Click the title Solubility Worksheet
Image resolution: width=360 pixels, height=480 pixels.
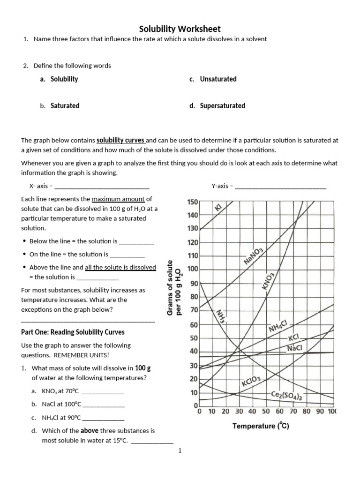click(x=180, y=29)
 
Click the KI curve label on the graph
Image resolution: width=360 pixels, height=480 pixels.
click(x=218, y=207)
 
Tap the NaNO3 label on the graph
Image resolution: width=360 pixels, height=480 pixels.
click(x=254, y=257)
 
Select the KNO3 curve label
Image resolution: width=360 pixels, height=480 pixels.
click(x=268, y=281)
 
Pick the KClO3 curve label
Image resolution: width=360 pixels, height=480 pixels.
click(x=254, y=382)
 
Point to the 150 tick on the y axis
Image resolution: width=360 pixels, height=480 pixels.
click(x=193, y=202)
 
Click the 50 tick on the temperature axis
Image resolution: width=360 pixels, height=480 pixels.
click(x=266, y=412)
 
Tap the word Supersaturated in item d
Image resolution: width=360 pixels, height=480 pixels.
click(x=222, y=105)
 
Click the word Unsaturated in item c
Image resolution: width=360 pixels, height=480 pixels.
click(x=218, y=79)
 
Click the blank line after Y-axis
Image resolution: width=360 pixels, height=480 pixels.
click(x=280, y=187)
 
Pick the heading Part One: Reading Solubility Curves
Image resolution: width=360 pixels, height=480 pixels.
click(x=73, y=332)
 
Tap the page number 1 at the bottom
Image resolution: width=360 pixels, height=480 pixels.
click(x=180, y=451)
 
